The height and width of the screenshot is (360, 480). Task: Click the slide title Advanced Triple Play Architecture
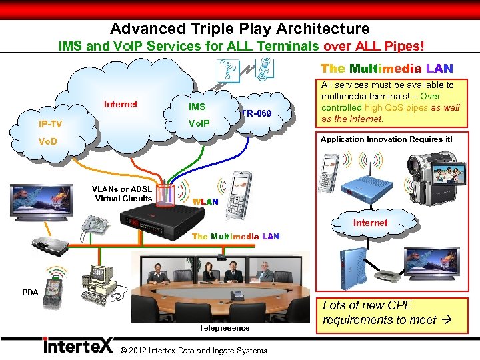point(240,29)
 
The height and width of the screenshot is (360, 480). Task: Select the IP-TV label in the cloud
point(51,124)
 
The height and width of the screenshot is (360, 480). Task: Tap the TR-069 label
point(257,114)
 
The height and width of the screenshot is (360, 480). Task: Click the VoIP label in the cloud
point(199,123)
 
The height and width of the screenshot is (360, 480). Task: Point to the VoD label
point(48,141)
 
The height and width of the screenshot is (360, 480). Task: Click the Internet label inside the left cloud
point(121,104)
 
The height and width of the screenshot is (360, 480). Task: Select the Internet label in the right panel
point(370,223)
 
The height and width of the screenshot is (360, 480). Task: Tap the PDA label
point(30,292)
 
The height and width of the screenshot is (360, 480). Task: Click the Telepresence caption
point(224,327)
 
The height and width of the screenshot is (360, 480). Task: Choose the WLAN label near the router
point(205,201)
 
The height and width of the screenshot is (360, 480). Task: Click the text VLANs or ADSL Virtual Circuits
point(123,193)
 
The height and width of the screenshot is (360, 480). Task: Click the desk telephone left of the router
point(94,227)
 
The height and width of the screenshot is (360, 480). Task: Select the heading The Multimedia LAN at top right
point(387,69)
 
